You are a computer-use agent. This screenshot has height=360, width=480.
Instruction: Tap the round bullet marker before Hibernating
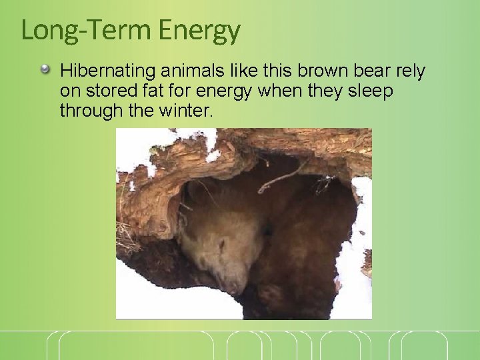point(45,69)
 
